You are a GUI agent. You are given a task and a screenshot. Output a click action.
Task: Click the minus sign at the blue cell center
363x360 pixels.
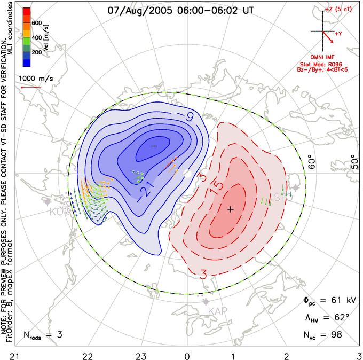pyautogui.click(x=154, y=145)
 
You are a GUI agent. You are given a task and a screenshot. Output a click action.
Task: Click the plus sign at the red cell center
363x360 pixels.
pyautogui.click(x=231, y=209)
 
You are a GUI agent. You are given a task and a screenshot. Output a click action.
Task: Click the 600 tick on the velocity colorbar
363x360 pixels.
pyautogui.click(x=37, y=23)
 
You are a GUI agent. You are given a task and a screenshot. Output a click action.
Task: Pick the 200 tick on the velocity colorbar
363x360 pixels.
pyautogui.click(x=37, y=53)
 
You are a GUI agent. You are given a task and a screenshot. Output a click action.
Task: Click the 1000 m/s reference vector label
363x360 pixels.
pyautogui.click(x=36, y=77)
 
